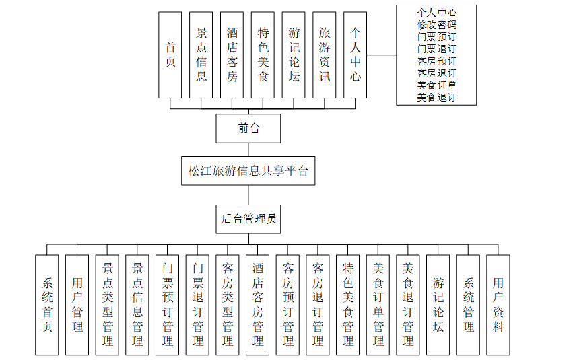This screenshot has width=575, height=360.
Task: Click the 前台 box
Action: [248, 128]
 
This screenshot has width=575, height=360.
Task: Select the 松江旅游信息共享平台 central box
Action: [248, 171]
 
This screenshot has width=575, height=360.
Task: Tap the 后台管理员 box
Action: [248, 219]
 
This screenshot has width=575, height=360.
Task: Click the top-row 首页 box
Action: [170, 55]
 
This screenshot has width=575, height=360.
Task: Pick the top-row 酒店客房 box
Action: [232, 55]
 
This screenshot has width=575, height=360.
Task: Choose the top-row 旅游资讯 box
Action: [325, 55]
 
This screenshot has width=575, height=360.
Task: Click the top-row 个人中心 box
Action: [355, 55]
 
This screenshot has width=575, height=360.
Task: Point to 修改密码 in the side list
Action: [436, 24]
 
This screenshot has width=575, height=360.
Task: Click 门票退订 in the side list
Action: [436, 48]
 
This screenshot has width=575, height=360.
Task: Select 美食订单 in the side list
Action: [436, 85]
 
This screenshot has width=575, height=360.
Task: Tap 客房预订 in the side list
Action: [436, 61]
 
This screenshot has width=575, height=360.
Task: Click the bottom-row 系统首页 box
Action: [47, 305]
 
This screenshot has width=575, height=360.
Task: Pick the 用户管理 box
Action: [77, 305]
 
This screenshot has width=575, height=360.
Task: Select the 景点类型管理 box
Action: [108, 305]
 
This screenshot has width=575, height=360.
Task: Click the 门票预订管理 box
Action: [168, 305]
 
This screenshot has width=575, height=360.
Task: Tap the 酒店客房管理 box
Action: [258, 305]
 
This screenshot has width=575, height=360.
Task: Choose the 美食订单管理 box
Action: [378, 305]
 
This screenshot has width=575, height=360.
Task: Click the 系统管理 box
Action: [469, 305]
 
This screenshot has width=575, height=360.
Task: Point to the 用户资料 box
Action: [498, 305]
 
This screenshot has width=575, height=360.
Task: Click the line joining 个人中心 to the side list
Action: [381, 55]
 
